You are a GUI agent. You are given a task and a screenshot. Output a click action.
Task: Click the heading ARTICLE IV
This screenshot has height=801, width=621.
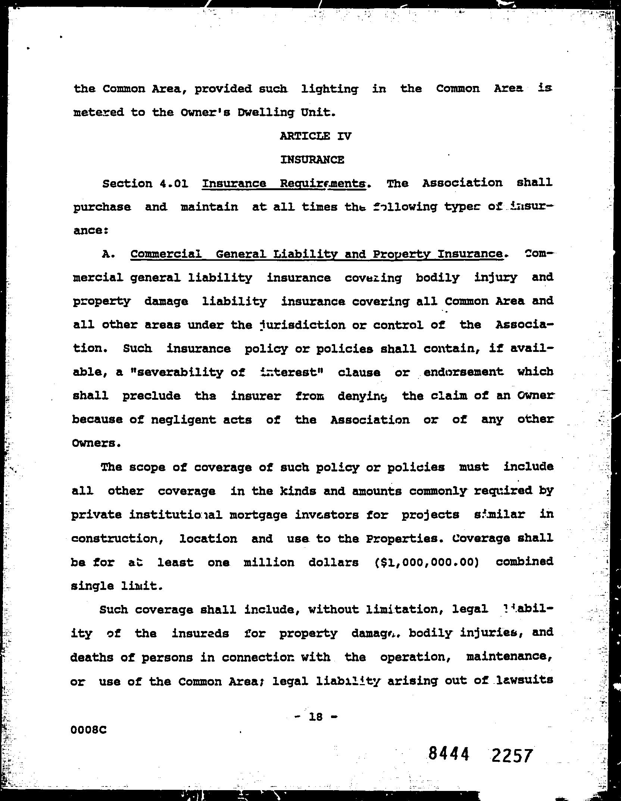pyautogui.click(x=315, y=136)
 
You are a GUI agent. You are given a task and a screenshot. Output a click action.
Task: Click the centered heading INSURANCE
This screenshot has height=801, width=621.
pyautogui.click(x=312, y=160)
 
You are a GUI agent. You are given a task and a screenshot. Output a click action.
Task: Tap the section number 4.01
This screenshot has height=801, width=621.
pyautogui.click(x=173, y=184)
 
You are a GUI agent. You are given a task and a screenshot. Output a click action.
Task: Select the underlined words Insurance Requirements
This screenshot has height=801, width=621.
pyautogui.click(x=284, y=183)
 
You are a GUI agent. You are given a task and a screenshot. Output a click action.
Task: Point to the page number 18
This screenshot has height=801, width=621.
pyautogui.click(x=316, y=716)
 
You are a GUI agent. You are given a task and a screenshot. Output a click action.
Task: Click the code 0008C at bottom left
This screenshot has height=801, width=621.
pyautogui.click(x=88, y=730)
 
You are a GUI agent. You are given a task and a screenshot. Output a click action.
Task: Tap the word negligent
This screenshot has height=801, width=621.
pyautogui.click(x=183, y=420)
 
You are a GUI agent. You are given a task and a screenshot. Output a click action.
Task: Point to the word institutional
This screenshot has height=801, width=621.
pyautogui.click(x=176, y=515)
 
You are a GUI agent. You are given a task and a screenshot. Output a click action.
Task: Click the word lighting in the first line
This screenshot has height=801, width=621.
pyautogui.click(x=329, y=89)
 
